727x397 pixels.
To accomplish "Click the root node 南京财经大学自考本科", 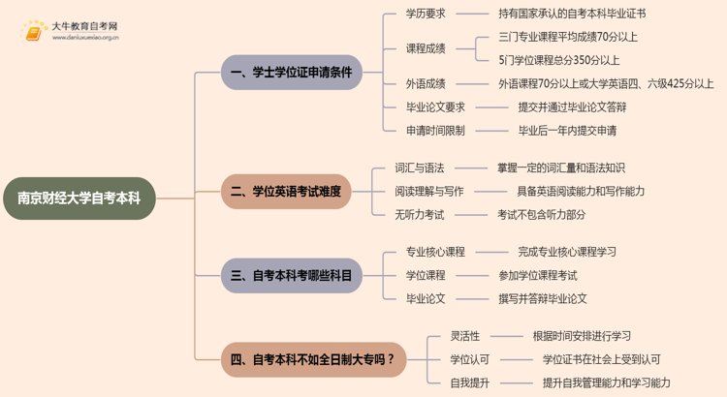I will [x=79, y=198].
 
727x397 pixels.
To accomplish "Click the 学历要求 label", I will [x=426, y=14].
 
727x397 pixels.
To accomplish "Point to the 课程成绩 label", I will [x=426, y=48].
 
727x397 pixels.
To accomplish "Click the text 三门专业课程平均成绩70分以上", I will [x=568, y=37].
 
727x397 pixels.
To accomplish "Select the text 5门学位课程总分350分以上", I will [x=559, y=60].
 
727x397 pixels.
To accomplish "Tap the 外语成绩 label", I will [x=426, y=84].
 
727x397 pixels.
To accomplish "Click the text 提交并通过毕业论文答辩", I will [x=572, y=107].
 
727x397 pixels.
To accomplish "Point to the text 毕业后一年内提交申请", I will [x=567, y=131].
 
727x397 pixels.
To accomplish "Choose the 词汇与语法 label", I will [x=420, y=168].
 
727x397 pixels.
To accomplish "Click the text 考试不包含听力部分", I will [x=541, y=215].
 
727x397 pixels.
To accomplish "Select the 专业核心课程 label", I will [x=435, y=252].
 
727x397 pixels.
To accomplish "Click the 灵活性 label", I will [x=465, y=336].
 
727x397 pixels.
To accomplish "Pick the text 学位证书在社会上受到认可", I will [x=602, y=360].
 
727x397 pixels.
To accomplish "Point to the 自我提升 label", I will [x=470, y=383].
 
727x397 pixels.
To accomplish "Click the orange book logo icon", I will [x=35, y=32].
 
